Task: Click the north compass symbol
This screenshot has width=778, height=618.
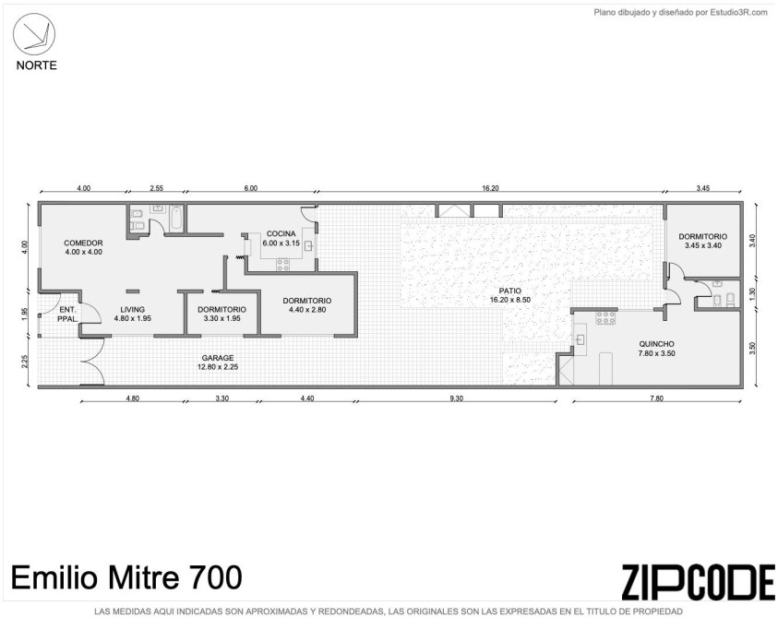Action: pos(34,34)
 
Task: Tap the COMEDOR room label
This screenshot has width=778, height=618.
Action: pos(83,243)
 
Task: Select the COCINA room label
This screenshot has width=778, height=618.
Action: pos(281,233)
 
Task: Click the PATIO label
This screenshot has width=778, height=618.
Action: pos(510,291)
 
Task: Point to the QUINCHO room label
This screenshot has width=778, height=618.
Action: pos(656,344)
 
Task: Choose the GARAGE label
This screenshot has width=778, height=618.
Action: pos(217,358)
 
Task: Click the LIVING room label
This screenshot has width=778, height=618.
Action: pos(133,310)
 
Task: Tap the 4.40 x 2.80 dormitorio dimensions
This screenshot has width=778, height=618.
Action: pos(307,310)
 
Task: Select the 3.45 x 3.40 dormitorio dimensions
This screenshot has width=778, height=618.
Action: pos(703,245)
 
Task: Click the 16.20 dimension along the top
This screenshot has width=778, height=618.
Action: pos(490,188)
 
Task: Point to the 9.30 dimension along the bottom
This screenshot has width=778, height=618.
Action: pos(456,398)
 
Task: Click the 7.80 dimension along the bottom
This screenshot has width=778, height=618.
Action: pos(656,398)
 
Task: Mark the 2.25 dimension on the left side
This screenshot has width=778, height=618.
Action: pos(25,361)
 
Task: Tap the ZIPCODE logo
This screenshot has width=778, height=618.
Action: pos(698,582)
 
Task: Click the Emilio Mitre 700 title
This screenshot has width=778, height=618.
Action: pos(126,577)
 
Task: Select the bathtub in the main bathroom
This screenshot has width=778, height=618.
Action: pos(176,219)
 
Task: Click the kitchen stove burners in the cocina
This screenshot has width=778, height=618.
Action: pos(283,265)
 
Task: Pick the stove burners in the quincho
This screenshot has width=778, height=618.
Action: pos(605,318)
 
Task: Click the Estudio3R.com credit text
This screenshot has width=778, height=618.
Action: pos(681,13)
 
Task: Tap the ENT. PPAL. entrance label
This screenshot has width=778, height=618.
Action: pos(67,315)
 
